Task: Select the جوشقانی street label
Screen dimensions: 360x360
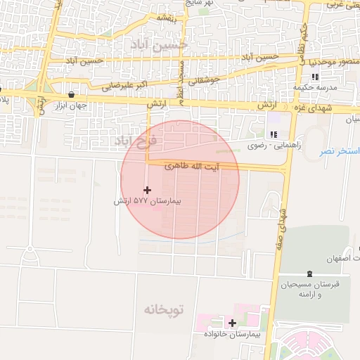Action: coord(205,80)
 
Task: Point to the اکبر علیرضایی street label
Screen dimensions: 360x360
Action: coord(124,88)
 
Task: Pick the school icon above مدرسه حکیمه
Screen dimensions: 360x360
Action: coord(316,76)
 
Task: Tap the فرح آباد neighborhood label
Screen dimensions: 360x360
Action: coord(137,141)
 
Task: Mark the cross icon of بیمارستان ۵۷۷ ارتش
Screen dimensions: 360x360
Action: coord(147,190)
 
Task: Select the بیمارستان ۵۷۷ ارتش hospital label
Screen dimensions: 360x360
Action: coord(148,201)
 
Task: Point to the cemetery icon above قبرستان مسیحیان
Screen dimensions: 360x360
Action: coord(309,274)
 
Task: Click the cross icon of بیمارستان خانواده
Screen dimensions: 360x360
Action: coord(232,323)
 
